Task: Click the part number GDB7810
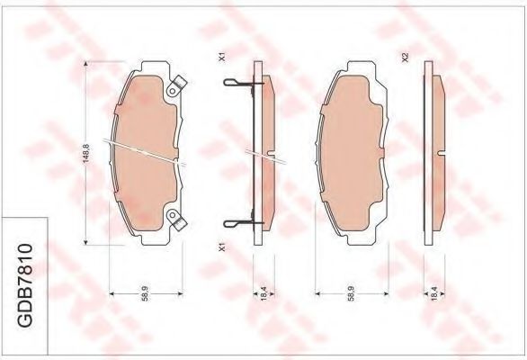25,285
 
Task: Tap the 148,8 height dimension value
86,154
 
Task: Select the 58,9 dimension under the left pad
145,293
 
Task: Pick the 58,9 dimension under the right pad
352,293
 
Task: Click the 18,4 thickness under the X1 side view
263,293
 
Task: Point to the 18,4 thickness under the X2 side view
433,293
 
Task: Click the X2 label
405,58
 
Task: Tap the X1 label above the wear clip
221,58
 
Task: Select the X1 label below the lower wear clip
221,248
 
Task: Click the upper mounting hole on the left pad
173,91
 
